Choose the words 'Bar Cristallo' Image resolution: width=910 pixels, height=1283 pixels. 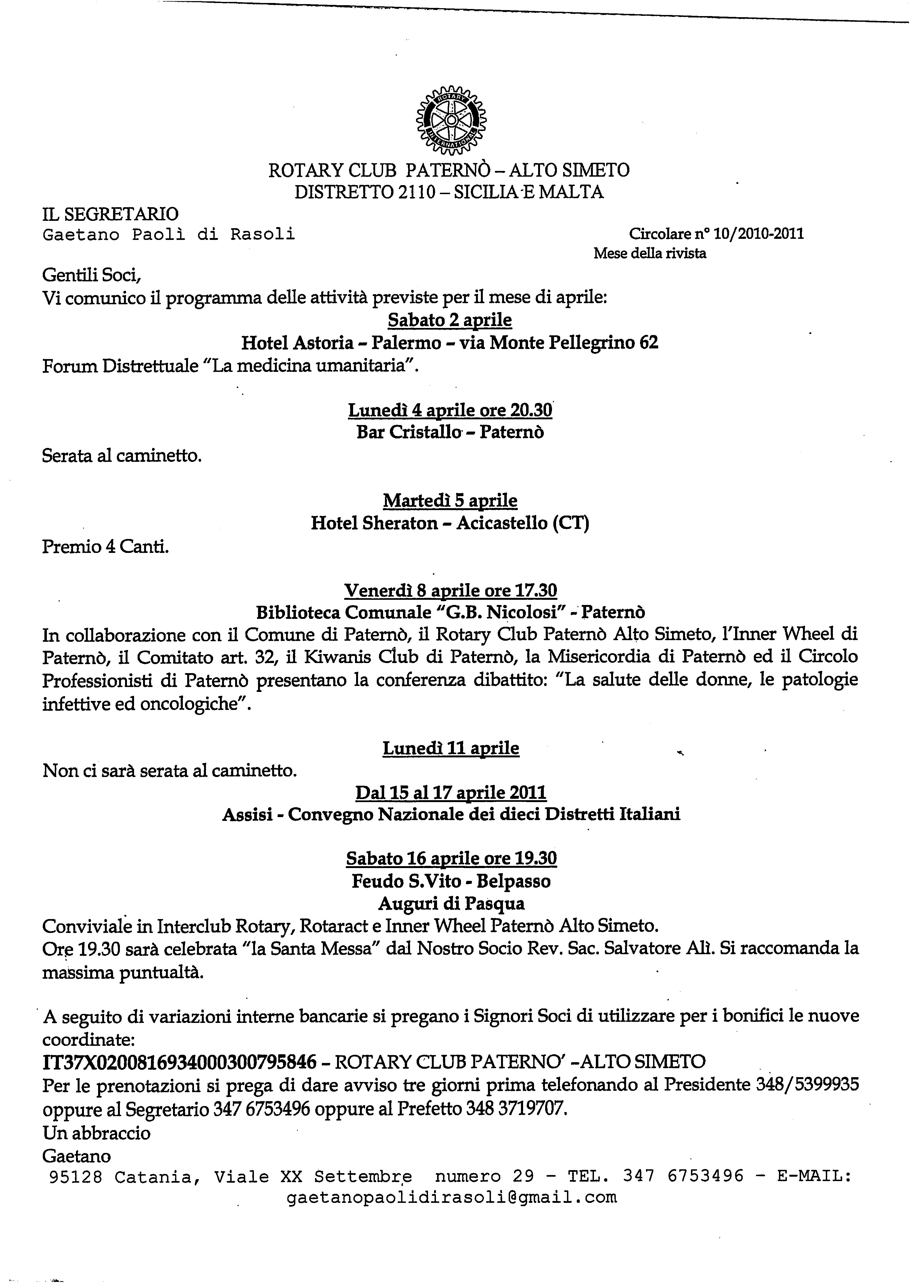(408, 432)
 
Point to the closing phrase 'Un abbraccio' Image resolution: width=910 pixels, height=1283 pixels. (96, 1133)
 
